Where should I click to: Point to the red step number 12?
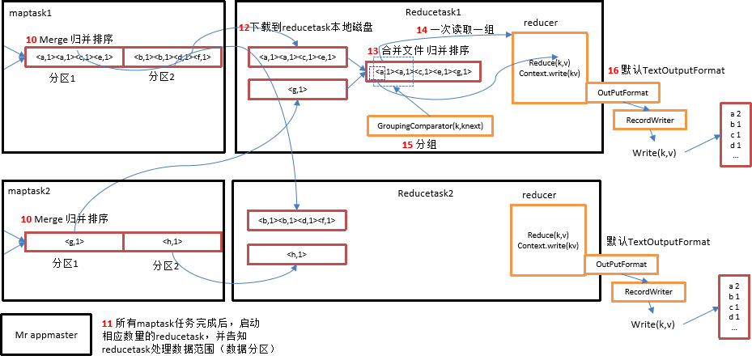[244, 28]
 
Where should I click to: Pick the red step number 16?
[613, 71]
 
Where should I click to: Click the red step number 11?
[108, 323]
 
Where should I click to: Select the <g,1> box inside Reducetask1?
[297, 88]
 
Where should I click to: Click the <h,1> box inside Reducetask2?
[297, 255]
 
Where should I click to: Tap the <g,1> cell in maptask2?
[74, 242]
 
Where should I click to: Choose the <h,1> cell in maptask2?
[172, 242]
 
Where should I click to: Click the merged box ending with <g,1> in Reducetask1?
[423, 72]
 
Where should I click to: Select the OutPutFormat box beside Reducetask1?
[622, 93]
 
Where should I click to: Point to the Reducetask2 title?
[426, 194]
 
